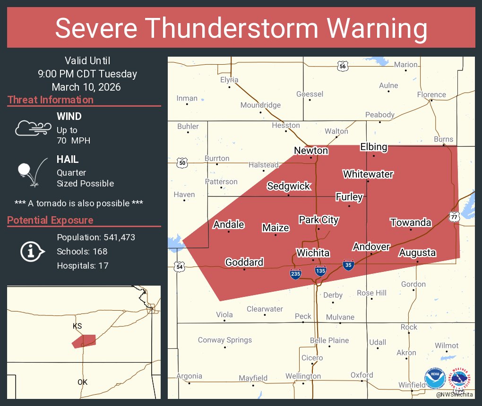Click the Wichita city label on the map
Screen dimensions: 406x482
pos(312,253)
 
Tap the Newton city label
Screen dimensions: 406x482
pos(310,151)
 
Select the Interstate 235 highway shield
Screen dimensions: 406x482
pos(295,274)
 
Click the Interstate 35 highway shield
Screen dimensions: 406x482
pos(348,265)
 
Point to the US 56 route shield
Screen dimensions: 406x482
pos(343,66)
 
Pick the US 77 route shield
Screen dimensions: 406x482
pos(454,216)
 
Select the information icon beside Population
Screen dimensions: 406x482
pos(32,251)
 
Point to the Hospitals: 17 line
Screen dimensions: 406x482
pos(83,265)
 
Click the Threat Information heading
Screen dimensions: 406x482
pos(51,100)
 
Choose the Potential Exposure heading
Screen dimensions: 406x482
pos(51,220)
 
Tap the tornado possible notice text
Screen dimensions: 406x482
pos(79,203)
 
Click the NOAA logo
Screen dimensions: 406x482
pos(435,379)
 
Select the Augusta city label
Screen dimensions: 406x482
pos(417,253)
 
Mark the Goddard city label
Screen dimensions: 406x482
pos(244,262)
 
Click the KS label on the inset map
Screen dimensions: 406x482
pos(77,326)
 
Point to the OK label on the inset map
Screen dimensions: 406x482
pos(82,382)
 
